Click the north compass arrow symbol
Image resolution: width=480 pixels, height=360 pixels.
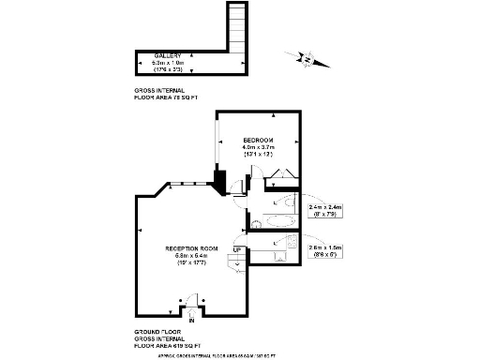[304, 59]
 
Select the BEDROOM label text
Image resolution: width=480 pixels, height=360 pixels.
[257, 140]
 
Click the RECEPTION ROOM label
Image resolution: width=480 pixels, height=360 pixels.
[186, 247]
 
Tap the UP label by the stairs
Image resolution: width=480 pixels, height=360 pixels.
[238, 248]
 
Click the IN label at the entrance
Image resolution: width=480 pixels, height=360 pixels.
[191, 321]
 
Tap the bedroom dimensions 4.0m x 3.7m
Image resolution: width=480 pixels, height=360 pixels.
[257, 147]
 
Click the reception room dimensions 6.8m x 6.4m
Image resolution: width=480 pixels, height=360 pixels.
[186, 255]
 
